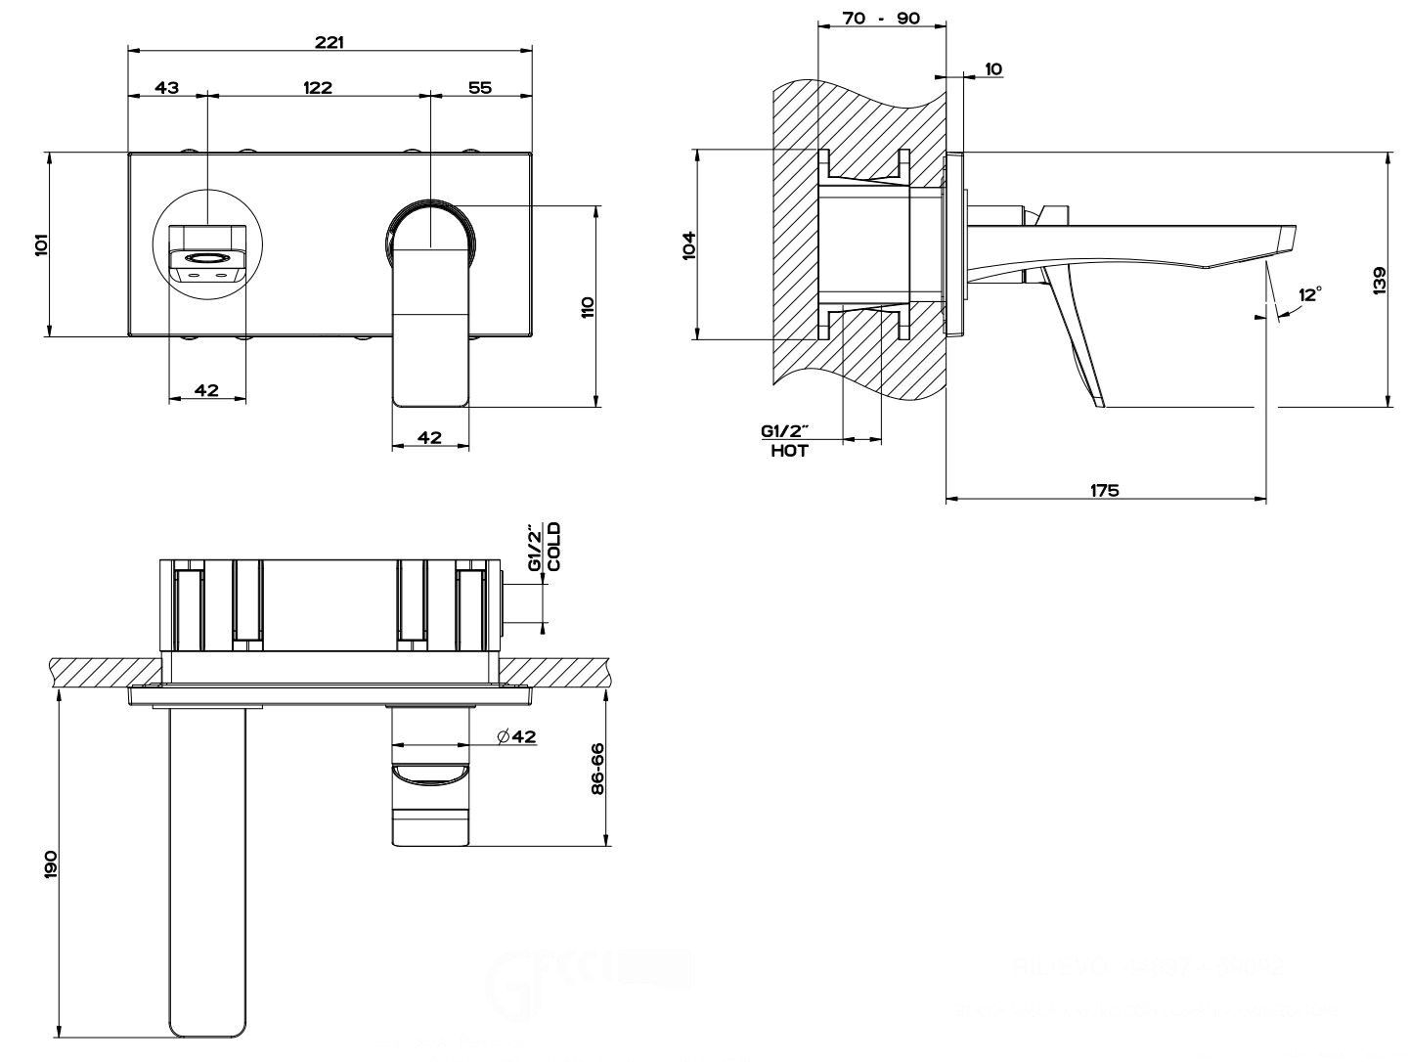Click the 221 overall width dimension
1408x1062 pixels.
click(330, 43)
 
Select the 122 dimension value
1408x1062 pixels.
click(317, 87)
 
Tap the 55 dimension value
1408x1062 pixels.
click(479, 87)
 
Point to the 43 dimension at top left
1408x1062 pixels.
click(167, 87)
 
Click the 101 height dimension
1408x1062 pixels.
click(41, 243)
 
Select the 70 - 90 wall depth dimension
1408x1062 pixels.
click(881, 19)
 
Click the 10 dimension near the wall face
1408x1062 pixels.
click(993, 68)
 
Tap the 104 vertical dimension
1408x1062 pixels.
click(688, 243)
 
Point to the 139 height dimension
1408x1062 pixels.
click(1379, 281)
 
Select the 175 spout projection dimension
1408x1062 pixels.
click(1104, 490)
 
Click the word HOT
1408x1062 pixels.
click(789, 452)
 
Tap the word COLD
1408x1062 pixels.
click(554, 547)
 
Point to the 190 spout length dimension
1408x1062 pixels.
click(51, 863)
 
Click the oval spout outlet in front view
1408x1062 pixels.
click(207, 259)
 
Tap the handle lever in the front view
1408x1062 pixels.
click(430, 332)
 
